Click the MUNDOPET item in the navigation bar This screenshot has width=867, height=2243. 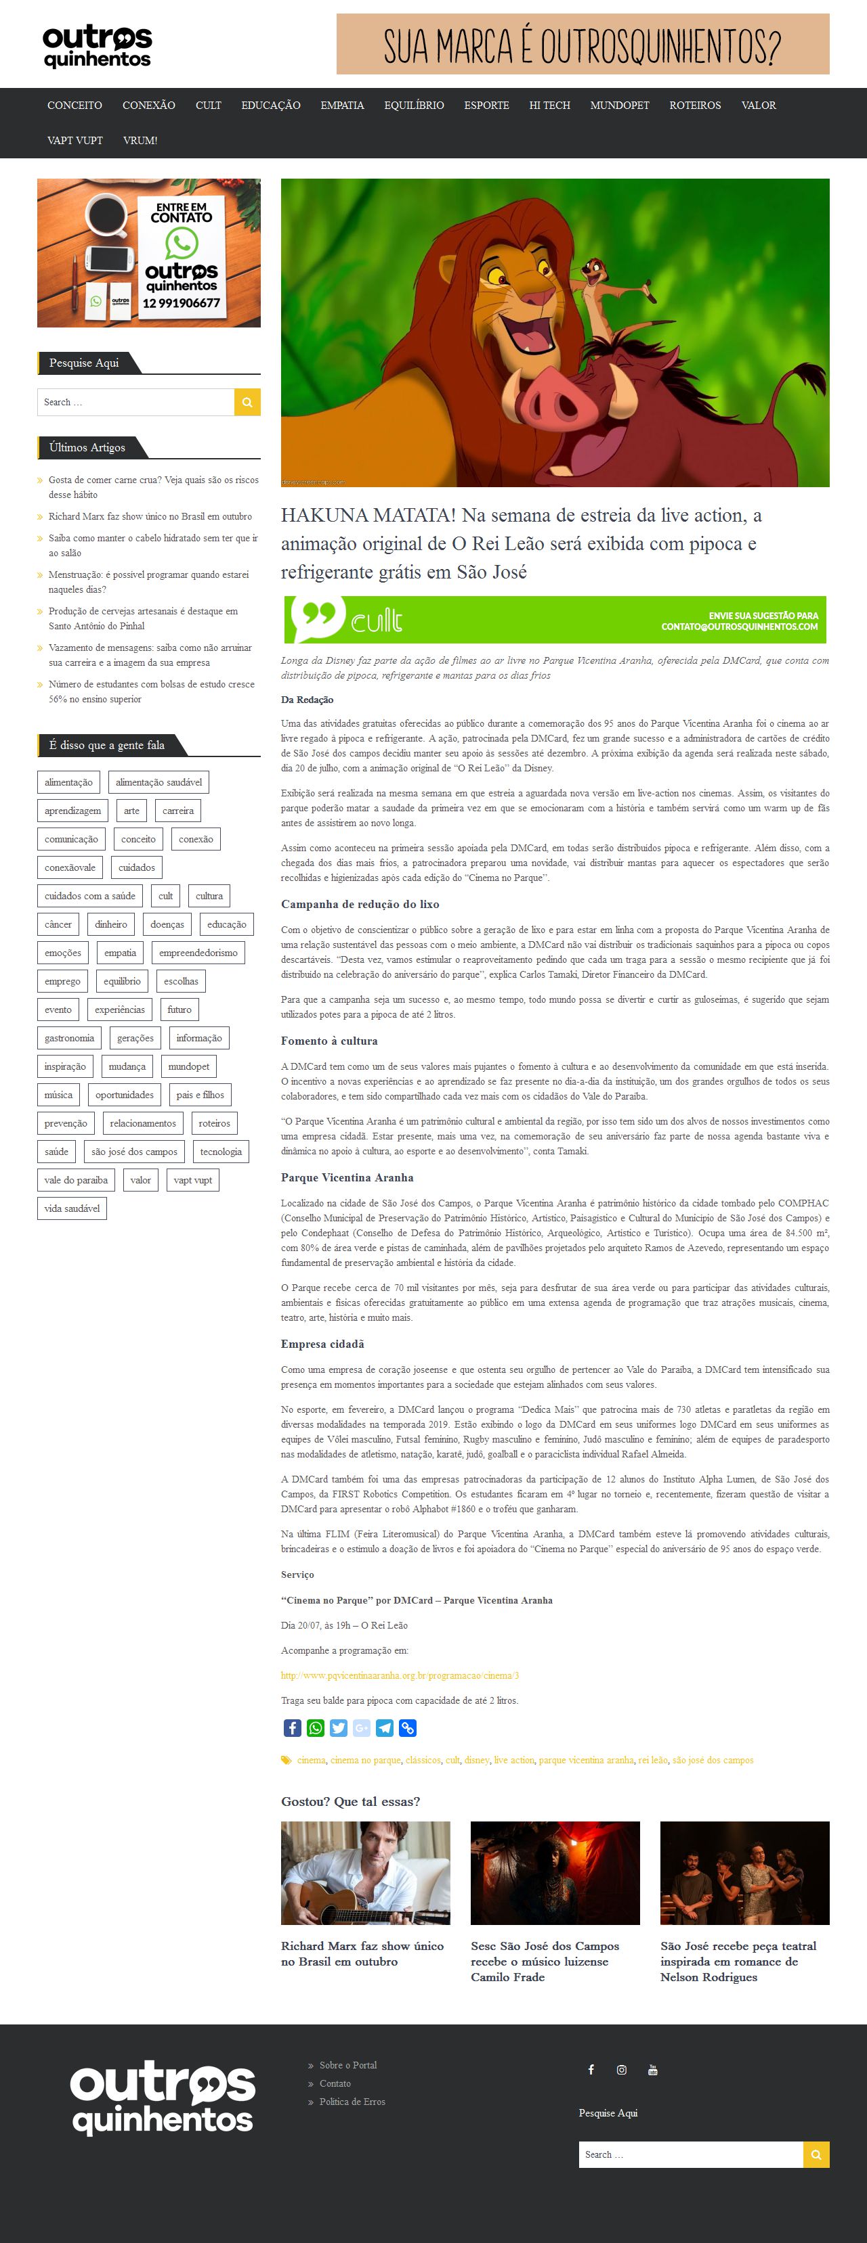[620, 106]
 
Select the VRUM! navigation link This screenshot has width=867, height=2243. [140, 140]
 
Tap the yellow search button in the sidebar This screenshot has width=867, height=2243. [247, 403]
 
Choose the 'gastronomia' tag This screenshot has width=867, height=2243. [70, 1038]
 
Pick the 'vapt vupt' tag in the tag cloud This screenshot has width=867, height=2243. [192, 1180]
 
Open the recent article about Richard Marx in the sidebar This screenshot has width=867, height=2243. [150, 516]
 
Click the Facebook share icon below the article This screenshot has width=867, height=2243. [293, 1728]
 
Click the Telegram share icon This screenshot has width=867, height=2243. [384, 1728]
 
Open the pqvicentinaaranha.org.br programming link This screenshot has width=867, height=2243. [400, 1675]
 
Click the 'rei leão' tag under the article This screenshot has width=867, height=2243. [653, 1760]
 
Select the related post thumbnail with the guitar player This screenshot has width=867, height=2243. [365, 1873]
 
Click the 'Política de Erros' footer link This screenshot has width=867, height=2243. [352, 2101]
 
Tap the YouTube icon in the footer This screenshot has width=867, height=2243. [653, 2070]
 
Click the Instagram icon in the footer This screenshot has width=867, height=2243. [621, 2070]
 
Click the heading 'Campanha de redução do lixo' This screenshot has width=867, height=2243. [360, 904]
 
